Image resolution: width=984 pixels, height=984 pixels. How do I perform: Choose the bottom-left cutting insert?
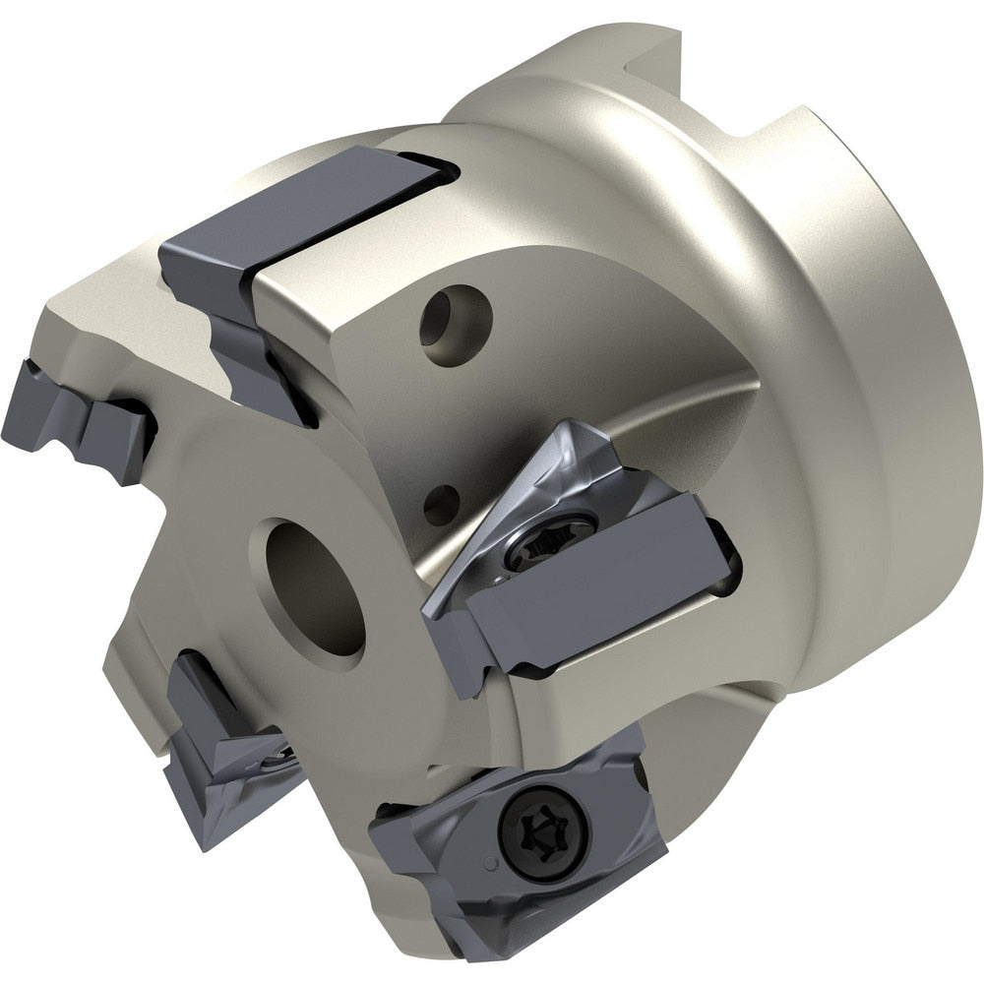coord(221,758)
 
